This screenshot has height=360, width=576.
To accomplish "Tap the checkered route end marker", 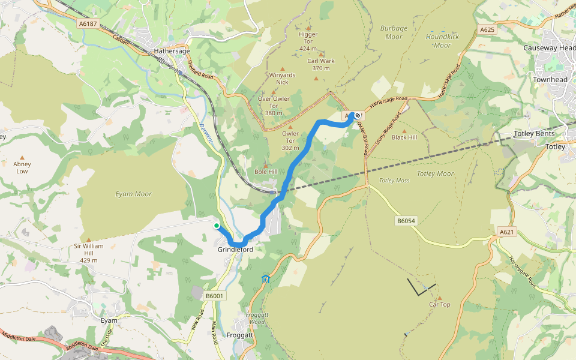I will (358, 115).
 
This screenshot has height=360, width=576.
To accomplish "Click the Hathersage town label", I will (172, 52).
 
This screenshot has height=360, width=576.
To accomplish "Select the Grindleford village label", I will (236, 250).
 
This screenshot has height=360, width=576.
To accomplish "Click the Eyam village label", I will (109, 320).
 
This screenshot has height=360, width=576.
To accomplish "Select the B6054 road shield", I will (406, 221).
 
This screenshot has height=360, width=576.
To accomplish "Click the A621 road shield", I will (507, 232).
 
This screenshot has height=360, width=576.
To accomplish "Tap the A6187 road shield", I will (88, 23).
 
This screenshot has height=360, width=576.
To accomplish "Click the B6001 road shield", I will (214, 296).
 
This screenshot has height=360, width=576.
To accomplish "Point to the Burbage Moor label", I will (394, 32).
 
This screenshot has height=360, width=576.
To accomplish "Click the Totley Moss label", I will (394, 181).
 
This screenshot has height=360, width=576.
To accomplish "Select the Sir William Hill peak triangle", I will (89, 239).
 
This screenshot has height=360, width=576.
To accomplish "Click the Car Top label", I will (439, 305).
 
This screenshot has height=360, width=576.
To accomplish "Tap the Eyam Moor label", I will (133, 194).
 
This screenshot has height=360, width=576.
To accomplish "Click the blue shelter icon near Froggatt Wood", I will (266, 278).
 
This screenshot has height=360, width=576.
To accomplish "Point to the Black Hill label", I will (404, 137).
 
